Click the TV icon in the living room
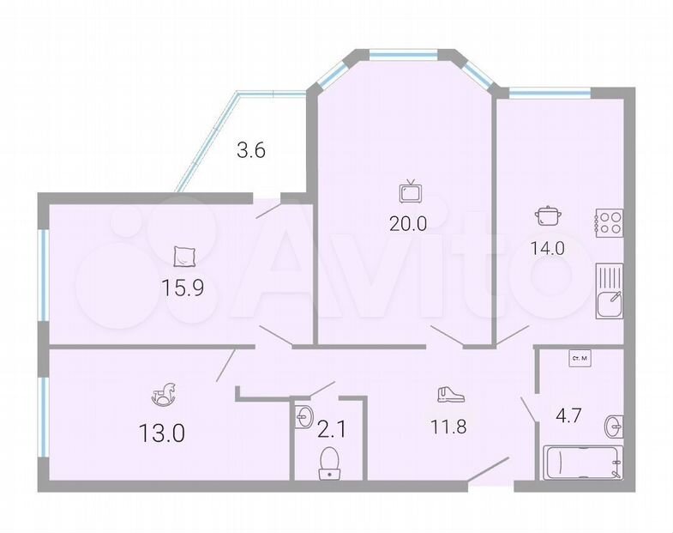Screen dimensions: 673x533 [x=411, y=191]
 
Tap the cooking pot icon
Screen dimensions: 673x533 [x=548, y=215]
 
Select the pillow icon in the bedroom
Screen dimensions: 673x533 [x=185, y=257]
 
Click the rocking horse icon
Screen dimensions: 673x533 [x=164, y=393]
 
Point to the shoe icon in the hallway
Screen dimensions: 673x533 [x=451, y=394]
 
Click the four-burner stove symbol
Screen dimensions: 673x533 [x=609, y=223]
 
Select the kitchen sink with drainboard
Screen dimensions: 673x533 [x=610, y=291]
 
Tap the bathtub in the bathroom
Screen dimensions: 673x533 [x=583, y=463]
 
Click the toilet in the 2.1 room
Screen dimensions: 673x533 [x=329, y=463]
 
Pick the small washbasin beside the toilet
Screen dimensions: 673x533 [x=304, y=416]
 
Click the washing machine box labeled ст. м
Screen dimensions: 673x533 [x=580, y=359]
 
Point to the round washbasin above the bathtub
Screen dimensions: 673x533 [x=614, y=427]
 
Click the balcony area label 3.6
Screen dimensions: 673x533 [x=251, y=150]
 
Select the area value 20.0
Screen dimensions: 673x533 [x=408, y=223]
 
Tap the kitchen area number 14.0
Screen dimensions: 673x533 [x=547, y=248]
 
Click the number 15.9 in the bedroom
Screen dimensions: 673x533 [x=183, y=288]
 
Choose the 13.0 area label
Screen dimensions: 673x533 [x=162, y=433]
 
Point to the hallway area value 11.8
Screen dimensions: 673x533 [x=448, y=426]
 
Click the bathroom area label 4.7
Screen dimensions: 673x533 [x=568, y=415]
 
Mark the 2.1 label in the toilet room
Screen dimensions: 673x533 [x=331, y=429]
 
